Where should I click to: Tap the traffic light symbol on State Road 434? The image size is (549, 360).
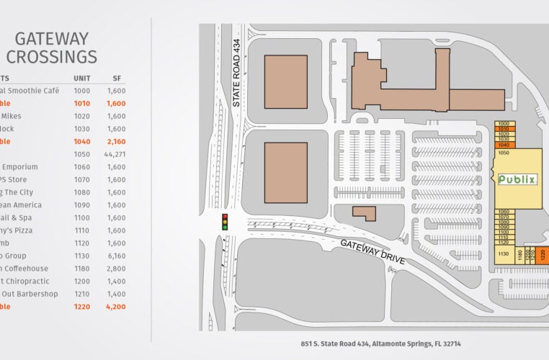[x=225, y=221]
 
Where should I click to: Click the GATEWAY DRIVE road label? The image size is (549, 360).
[x=374, y=251]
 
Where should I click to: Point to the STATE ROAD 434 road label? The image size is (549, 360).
[x=236, y=83]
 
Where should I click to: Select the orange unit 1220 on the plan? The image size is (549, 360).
[x=543, y=254]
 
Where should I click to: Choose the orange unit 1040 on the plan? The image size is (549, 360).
[x=503, y=145]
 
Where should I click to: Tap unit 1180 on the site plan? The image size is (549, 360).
[x=519, y=255]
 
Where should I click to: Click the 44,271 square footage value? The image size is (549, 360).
[x=115, y=154]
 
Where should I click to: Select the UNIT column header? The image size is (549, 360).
[x=81, y=78]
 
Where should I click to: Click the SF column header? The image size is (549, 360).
[x=117, y=78]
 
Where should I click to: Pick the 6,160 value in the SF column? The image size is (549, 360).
[x=116, y=256]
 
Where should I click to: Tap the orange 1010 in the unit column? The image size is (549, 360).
[x=81, y=104]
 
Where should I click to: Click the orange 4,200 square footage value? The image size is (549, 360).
[x=116, y=306]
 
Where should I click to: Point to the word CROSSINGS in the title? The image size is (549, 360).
[x=51, y=57]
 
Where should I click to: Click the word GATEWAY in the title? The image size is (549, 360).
[x=51, y=38]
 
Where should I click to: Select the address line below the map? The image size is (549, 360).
[x=380, y=343]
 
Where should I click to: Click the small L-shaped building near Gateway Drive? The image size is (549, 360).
[x=365, y=213]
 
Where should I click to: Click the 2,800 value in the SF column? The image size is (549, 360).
[x=116, y=269]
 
